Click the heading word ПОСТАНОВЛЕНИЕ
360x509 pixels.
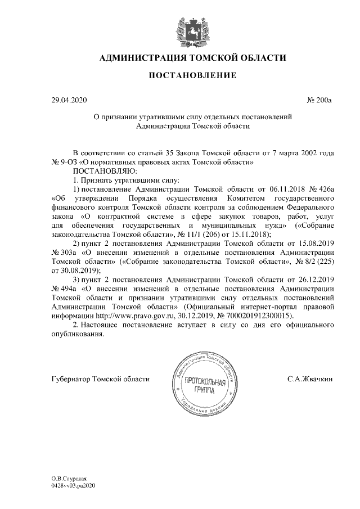(x=192, y=75)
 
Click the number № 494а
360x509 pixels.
(x=64, y=289)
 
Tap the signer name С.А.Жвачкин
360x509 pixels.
(x=310, y=379)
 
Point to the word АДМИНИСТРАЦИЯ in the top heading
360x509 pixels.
(x=143, y=57)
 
